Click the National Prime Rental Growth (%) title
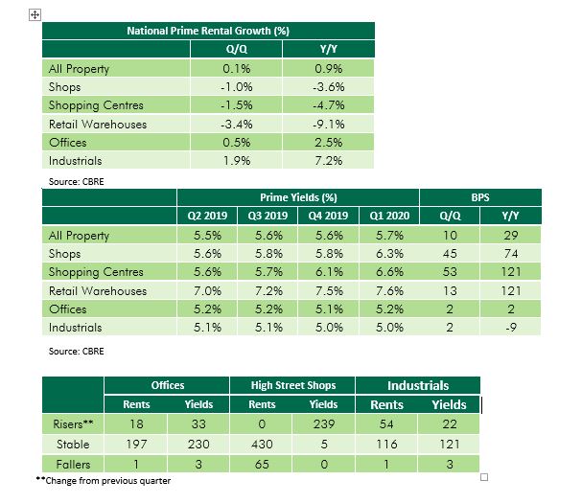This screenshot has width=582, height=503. (208, 31)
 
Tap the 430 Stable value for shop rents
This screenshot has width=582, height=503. (262, 445)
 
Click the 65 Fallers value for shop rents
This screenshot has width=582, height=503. (262, 464)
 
